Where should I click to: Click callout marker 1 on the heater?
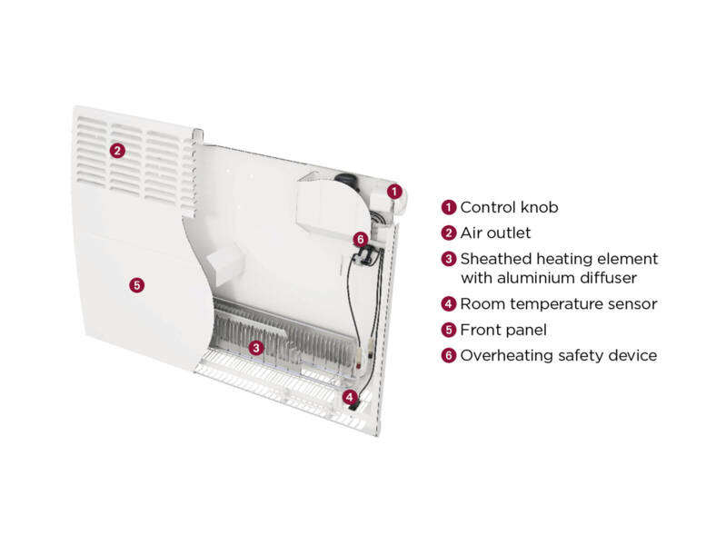point(393,191)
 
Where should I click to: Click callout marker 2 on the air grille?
point(116,150)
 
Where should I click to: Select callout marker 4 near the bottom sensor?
point(349,396)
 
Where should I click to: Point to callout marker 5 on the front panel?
point(136,284)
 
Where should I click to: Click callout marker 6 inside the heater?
point(361,239)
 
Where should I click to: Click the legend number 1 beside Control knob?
point(448,208)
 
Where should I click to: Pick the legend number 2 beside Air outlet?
point(448,233)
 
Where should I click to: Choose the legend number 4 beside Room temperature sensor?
point(448,304)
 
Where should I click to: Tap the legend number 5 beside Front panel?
point(448,330)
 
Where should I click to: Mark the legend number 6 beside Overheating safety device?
point(448,355)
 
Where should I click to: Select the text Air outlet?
point(495,233)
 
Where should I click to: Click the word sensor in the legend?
point(632,304)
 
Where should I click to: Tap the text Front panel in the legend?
point(503,330)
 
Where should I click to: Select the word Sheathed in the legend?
point(494,259)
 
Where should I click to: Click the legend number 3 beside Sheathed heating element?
point(448,259)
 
